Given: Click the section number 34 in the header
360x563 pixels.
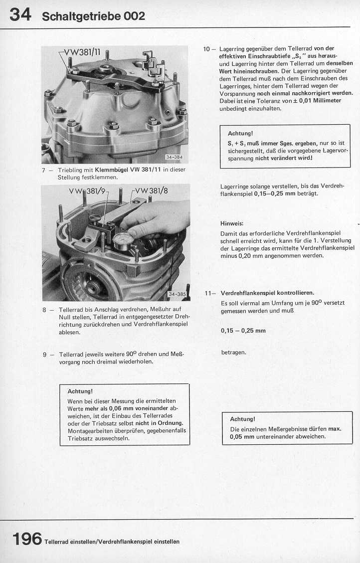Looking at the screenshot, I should [x=20, y=14].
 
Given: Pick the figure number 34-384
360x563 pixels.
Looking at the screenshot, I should [x=175, y=157].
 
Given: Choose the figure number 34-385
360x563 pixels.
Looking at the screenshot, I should [x=178, y=294].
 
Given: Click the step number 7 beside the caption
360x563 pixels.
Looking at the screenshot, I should [x=44, y=170].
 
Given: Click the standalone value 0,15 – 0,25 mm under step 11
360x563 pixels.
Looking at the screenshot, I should [x=243, y=330].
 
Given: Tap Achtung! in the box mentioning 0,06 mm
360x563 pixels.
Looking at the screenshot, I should [x=80, y=391].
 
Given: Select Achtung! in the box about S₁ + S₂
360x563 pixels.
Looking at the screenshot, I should [x=240, y=133].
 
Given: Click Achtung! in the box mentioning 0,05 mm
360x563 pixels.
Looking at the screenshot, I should [x=242, y=419].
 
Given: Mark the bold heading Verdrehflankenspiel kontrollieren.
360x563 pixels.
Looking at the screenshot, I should [x=267, y=293].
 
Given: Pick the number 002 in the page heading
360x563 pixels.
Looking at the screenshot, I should [x=134, y=16].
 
